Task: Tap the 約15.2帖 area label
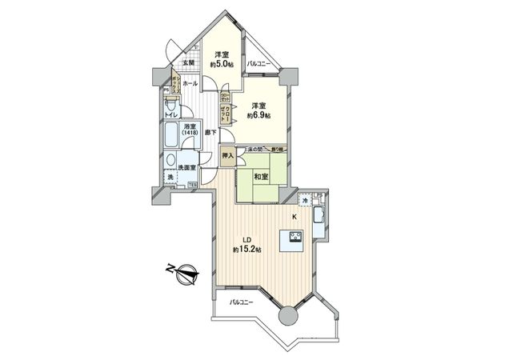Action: click(x=247, y=249)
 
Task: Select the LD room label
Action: click(x=248, y=238)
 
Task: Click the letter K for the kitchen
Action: click(x=294, y=217)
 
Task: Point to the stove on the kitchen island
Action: click(x=292, y=237)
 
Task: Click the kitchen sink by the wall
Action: click(x=319, y=217)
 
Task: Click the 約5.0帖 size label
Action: click(x=221, y=64)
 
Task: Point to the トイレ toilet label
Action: click(x=172, y=114)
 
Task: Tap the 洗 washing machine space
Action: click(x=170, y=178)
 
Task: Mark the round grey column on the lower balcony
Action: click(x=287, y=318)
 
